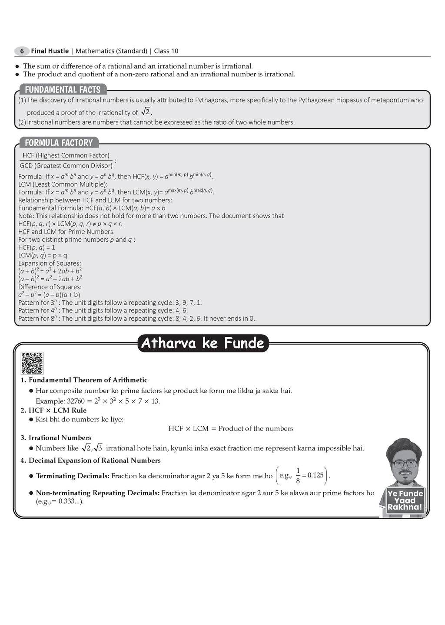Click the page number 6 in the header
tap(22, 51)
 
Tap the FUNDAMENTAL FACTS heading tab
tap(63, 90)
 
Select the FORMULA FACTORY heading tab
tap(59, 143)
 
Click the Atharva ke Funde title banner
tap(203, 343)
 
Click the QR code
tap(32, 363)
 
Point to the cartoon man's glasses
tap(404, 464)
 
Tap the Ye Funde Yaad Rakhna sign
tap(405, 500)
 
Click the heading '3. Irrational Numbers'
tap(56, 437)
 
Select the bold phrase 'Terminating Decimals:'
tap(73, 476)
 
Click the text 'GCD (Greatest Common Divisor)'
tap(66, 165)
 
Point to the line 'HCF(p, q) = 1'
tap(37, 247)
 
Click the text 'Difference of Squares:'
tap(50, 287)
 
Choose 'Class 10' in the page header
tap(166, 51)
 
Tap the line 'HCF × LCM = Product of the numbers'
tap(230, 428)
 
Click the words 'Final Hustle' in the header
tap(50, 51)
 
